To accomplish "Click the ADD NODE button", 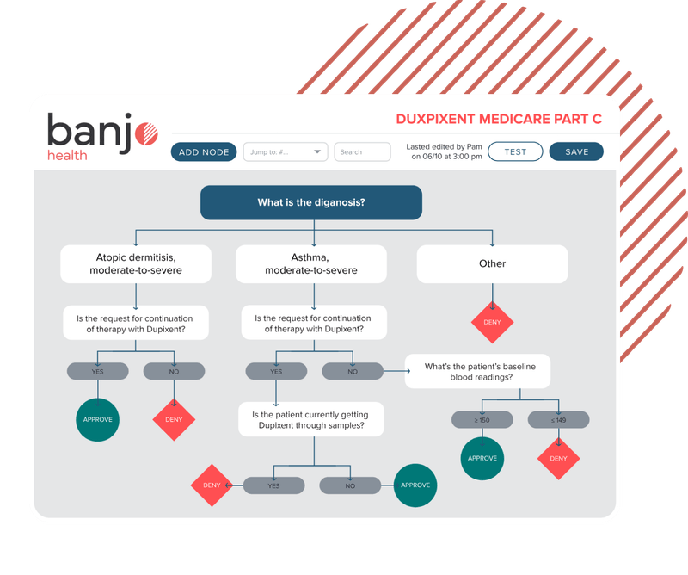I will (204, 152).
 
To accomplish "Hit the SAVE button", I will (577, 152).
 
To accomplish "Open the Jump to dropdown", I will (286, 152).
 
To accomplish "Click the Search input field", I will (362, 152).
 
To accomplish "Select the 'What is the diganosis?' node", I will (311, 203).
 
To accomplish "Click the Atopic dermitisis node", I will (136, 264).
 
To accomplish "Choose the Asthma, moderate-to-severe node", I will (311, 264).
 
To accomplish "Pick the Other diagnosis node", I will (492, 264).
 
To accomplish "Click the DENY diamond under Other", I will (492, 323).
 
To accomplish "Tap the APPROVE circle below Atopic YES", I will (97, 420).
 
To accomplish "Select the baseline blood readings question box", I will (479, 372).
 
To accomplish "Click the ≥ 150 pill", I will (482, 420).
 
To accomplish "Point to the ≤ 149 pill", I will (558, 420).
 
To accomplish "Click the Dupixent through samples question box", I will (311, 419).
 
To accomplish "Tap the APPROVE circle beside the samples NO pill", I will (415, 485).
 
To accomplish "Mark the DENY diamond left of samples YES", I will (212, 485).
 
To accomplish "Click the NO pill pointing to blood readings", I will (353, 371).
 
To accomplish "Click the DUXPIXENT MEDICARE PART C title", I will (498, 120).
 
